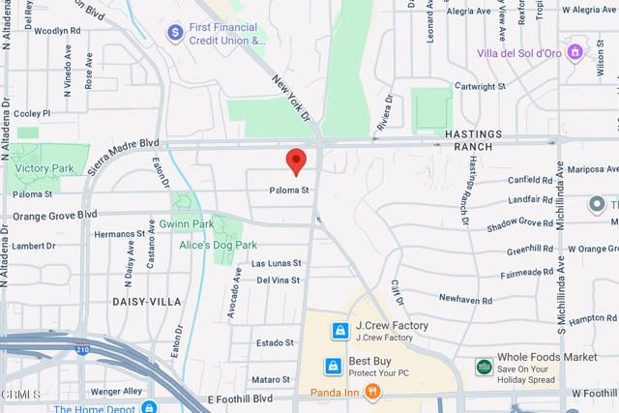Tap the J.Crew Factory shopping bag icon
[x=339, y=331]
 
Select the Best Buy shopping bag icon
[x=333, y=366]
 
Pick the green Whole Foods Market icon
[x=481, y=366]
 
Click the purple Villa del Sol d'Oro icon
[x=575, y=50]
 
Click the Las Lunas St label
[x=277, y=262]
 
